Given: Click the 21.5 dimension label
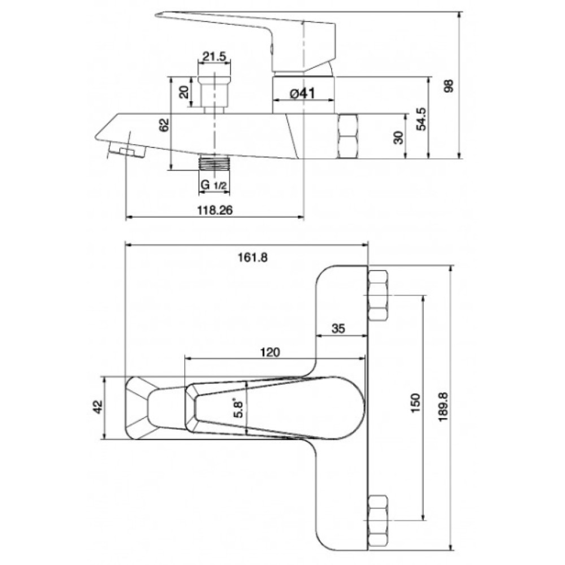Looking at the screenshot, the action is pyautogui.click(x=214, y=56).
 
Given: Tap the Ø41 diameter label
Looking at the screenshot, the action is pyautogui.click(x=302, y=94).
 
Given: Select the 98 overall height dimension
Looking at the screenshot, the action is pyautogui.click(x=449, y=86).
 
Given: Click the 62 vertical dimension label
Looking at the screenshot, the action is pyautogui.click(x=164, y=125).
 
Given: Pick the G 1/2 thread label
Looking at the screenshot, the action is pyautogui.click(x=214, y=185).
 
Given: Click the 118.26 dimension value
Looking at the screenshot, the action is pyautogui.click(x=215, y=210).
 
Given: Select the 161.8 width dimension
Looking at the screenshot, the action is pyautogui.click(x=253, y=258).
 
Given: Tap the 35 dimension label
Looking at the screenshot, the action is pyautogui.click(x=338, y=328).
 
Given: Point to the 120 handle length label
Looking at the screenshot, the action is pyautogui.click(x=270, y=352).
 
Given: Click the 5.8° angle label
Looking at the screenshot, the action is pyautogui.click(x=239, y=408).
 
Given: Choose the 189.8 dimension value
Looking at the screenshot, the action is pyautogui.click(x=443, y=407).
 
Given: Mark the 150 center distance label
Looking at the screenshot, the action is pyautogui.click(x=415, y=403).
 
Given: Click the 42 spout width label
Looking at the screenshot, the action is pyautogui.click(x=98, y=407).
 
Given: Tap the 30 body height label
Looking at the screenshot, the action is pyautogui.click(x=398, y=137).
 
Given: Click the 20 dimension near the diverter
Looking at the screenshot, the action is pyautogui.click(x=184, y=92).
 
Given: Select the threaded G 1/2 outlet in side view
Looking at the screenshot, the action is pyautogui.click(x=214, y=163).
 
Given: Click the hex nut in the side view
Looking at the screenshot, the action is pyautogui.click(x=349, y=136).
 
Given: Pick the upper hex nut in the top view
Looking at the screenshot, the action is pyautogui.click(x=379, y=295).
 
